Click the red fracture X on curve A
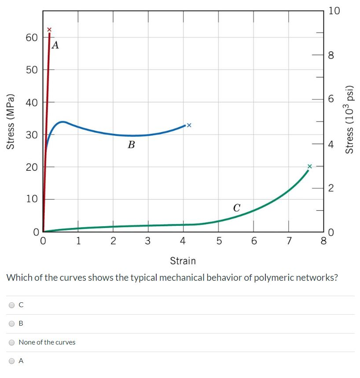49,29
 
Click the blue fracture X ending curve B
189,125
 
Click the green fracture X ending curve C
309,166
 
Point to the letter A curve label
55,44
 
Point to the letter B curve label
131,144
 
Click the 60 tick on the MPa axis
31,38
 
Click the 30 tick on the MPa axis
31,135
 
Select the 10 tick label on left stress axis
31,199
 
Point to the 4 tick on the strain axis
183,241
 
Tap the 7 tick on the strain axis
289,241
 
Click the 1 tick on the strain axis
78,241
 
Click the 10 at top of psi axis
334,11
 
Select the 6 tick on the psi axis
331,100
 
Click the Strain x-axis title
183,261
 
